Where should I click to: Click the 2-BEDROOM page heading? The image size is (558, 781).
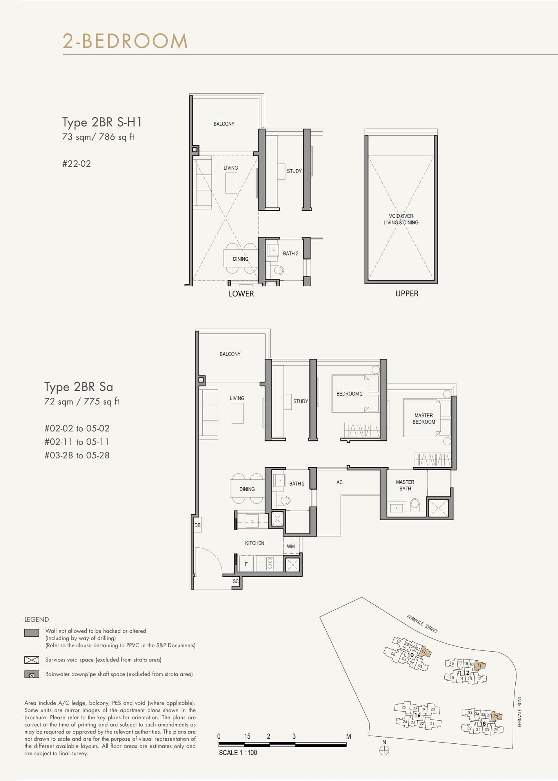[x=125, y=41]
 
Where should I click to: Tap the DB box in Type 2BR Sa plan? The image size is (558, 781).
[x=197, y=525]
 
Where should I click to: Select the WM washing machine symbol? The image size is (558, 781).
[x=291, y=546]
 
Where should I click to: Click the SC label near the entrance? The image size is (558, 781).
[x=236, y=581]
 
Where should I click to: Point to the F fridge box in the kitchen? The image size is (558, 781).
[x=246, y=564]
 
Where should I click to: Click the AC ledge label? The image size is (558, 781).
[x=340, y=482]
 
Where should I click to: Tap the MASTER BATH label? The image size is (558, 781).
[x=405, y=485]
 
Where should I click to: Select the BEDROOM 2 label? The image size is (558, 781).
[x=349, y=394]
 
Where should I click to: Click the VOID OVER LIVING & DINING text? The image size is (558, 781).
[x=401, y=219]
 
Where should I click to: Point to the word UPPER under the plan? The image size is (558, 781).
[x=407, y=294]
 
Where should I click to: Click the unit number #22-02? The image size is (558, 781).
[x=76, y=164]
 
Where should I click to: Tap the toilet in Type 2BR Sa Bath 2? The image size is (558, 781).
[x=284, y=500]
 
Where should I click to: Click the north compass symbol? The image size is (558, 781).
[x=384, y=750]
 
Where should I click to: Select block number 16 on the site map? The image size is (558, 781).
[x=417, y=715]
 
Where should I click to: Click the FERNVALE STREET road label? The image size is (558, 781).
[x=422, y=623]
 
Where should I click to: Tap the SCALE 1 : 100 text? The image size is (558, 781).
[x=238, y=752]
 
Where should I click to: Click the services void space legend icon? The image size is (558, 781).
[x=32, y=660]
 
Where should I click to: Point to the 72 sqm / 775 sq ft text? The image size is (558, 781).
[x=82, y=401]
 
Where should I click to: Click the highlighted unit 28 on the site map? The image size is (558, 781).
[x=496, y=716]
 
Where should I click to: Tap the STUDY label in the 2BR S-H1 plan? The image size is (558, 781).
[x=294, y=171]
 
